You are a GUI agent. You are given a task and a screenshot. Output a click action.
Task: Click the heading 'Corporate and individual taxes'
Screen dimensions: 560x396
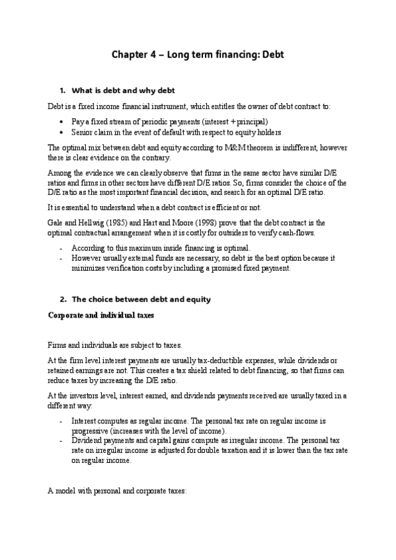click(101, 314)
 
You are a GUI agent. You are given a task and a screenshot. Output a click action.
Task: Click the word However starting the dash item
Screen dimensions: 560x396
click(85, 259)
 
